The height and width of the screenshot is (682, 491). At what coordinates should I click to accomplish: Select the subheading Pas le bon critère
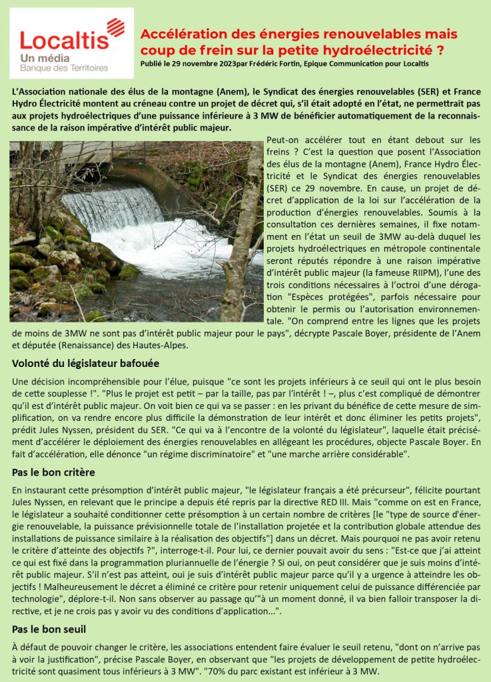[x=53, y=472]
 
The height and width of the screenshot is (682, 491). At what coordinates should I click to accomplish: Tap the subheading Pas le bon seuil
[x=49, y=629]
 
